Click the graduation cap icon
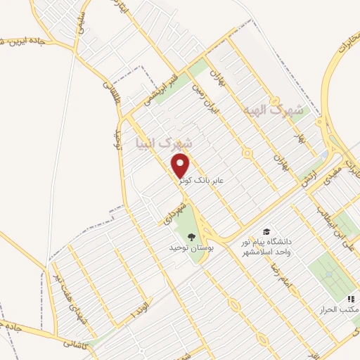[x=266, y=231]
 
